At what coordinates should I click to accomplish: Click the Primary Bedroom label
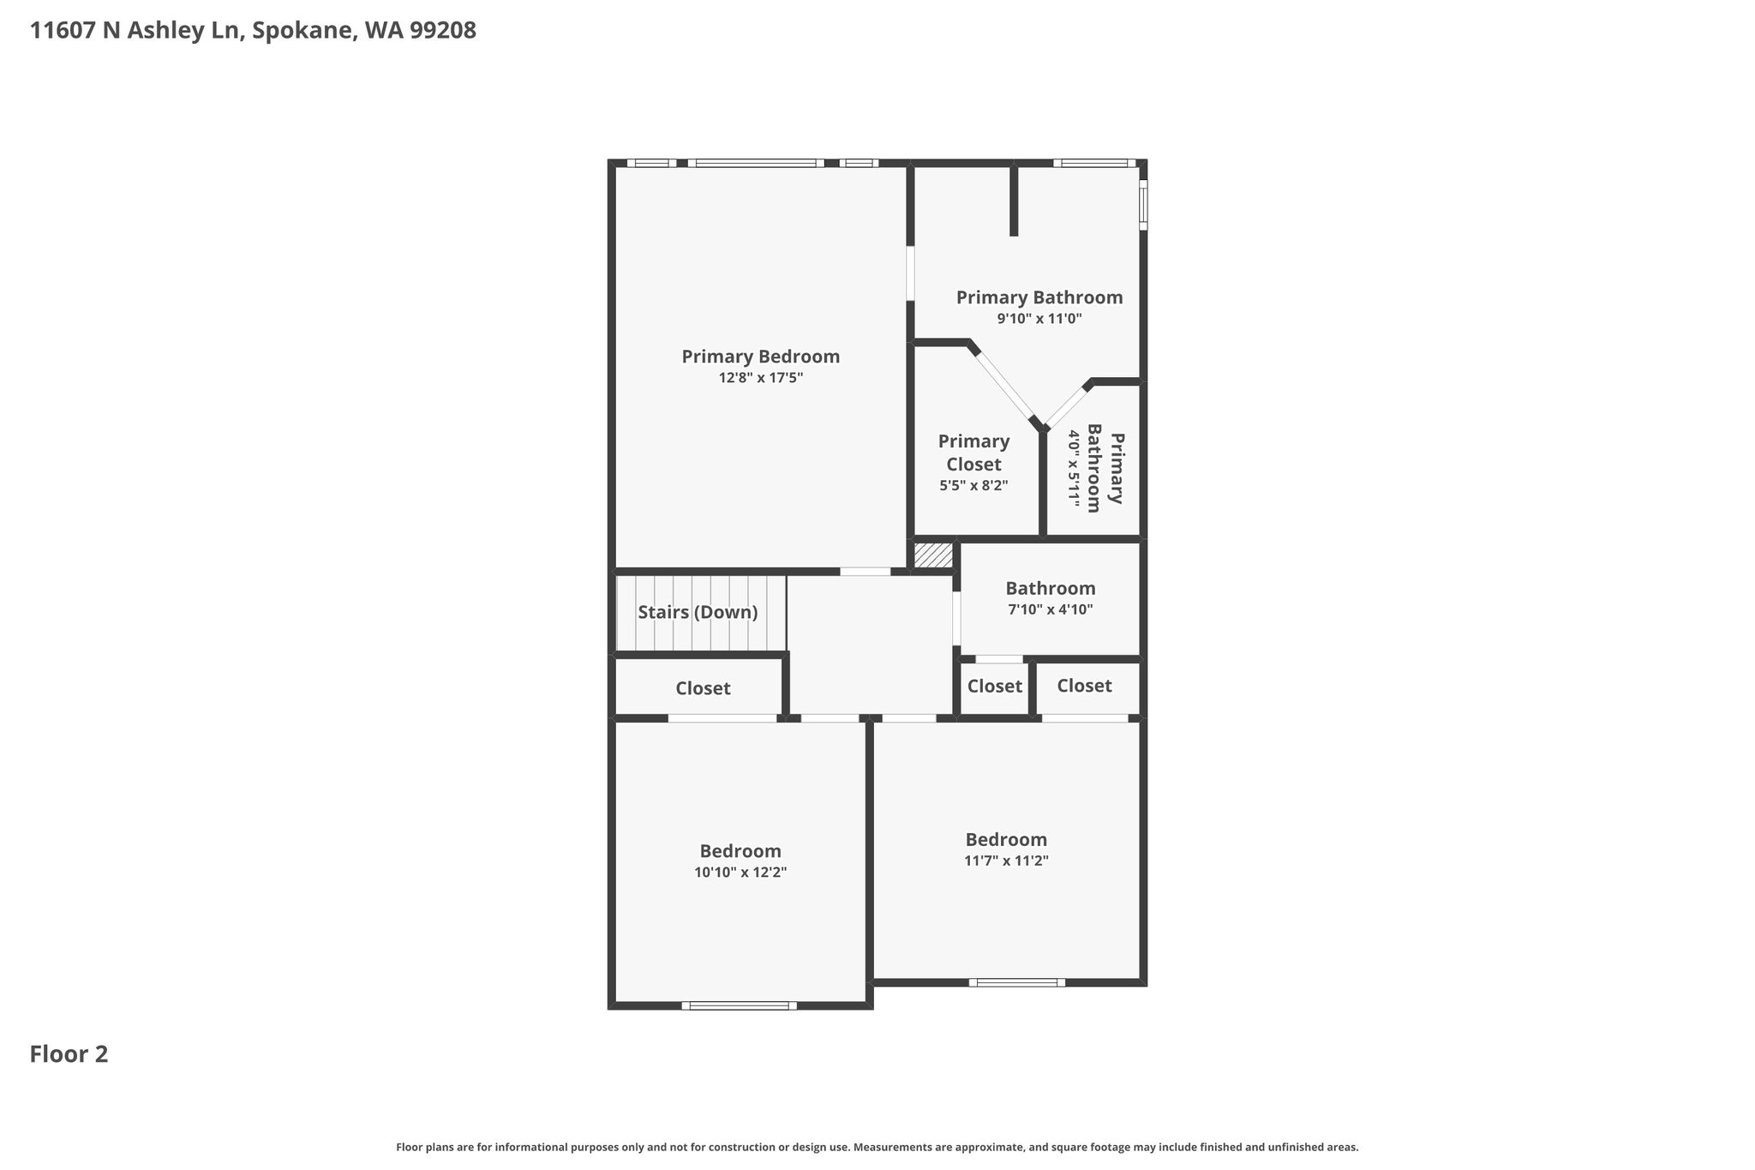[761, 357]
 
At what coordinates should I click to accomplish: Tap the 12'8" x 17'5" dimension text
[761, 378]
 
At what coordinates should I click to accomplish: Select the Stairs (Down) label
[698, 613]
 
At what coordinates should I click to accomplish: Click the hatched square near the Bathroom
[933, 555]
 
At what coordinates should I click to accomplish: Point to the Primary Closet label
[973, 453]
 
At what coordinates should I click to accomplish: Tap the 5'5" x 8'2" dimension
[973, 485]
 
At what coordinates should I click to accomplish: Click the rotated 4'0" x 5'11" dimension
[1073, 466]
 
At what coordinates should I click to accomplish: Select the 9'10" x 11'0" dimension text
[1039, 319]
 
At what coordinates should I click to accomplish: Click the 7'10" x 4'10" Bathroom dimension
[1051, 610]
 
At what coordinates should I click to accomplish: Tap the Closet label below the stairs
[703, 688]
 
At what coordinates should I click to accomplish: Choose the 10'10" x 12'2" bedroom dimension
[740, 873]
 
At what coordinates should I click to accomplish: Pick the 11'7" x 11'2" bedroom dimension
[1007, 861]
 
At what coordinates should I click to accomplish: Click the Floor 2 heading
[69, 1054]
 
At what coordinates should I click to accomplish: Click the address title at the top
[253, 31]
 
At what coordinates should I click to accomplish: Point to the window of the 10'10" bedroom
[740, 1005]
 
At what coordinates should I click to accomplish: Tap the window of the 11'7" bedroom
[1017, 982]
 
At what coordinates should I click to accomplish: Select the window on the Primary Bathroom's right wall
[1143, 205]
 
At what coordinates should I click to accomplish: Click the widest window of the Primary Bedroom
[756, 163]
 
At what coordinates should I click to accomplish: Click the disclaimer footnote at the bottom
[877, 1147]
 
